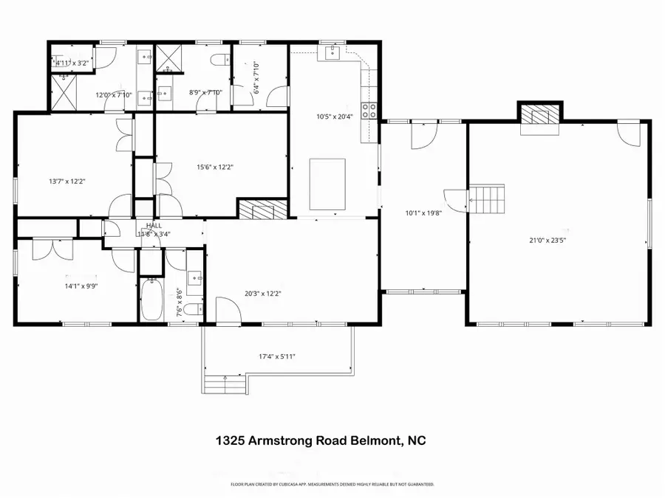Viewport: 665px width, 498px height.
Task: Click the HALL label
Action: tap(154, 226)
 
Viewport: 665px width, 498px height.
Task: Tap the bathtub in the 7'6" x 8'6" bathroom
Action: tap(151, 299)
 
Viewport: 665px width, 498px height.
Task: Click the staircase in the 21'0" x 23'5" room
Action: tap(487, 198)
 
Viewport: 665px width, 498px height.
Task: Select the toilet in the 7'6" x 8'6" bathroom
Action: tap(191, 308)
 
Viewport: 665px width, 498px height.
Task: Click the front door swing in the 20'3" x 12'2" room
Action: tap(228, 310)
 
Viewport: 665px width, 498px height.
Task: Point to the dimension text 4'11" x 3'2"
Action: tap(72, 63)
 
